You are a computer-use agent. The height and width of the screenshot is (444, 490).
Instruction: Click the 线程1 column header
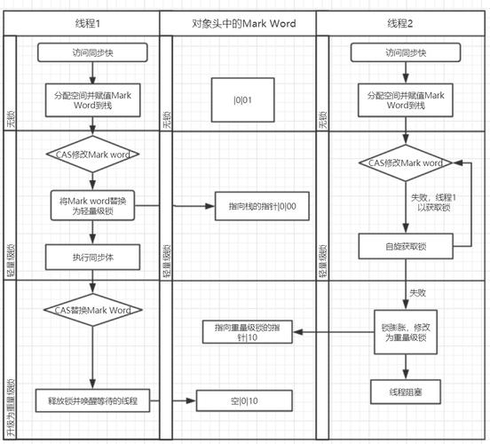coord(87,21)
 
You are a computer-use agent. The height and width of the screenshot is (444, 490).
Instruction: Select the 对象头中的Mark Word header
coord(239,21)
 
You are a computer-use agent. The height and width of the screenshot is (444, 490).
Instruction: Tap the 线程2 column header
coord(400,21)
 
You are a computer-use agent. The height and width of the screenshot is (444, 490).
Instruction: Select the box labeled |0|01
coord(242,99)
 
